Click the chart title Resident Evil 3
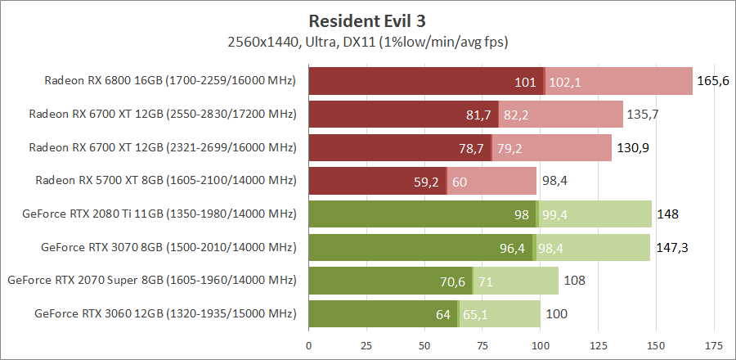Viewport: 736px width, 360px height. click(x=369, y=20)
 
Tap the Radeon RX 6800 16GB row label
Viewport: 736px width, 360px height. click(x=169, y=81)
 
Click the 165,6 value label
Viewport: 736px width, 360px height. click(x=712, y=81)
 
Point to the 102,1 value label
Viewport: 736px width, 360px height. click(x=565, y=82)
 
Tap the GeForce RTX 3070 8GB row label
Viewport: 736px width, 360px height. click(x=168, y=247)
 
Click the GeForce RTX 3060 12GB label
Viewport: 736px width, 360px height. click(x=165, y=313)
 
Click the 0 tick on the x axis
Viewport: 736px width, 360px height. click(x=309, y=344)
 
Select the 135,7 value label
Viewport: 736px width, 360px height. click(x=643, y=115)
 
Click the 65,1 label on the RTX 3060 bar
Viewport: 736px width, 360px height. click(x=476, y=314)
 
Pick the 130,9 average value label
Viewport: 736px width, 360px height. click(x=631, y=148)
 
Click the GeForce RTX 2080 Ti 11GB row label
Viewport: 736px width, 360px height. click(x=160, y=214)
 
